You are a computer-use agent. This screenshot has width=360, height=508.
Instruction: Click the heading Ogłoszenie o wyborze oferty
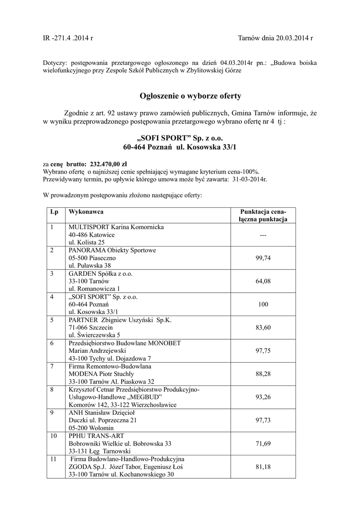tap(180, 96)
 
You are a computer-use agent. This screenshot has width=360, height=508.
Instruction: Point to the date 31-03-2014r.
tap(249, 179)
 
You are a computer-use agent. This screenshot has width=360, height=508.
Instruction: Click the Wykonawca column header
tap(86, 212)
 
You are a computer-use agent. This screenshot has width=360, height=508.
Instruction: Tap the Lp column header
tap(54, 212)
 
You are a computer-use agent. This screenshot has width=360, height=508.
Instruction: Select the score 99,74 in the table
tap(263, 258)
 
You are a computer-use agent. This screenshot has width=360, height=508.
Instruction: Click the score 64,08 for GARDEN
tap(263, 281)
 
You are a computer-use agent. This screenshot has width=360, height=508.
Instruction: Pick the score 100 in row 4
tap(263, 304)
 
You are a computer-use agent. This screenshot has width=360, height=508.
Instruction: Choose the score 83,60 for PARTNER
tap(263, 327)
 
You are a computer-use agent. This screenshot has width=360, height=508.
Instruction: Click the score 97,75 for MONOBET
tap(263, 350)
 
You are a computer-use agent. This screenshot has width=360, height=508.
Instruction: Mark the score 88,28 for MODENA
tap(263, 374)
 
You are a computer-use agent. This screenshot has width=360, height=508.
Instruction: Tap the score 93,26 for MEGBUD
tap(263, 397)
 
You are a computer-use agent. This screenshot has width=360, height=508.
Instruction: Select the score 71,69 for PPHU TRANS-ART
tap(263, 443)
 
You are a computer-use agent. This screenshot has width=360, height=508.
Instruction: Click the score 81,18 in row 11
tap(263, 466)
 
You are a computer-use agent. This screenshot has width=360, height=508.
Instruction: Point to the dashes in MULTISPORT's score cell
tap(263, 235)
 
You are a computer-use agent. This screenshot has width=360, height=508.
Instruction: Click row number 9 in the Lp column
tap(52, 412)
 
